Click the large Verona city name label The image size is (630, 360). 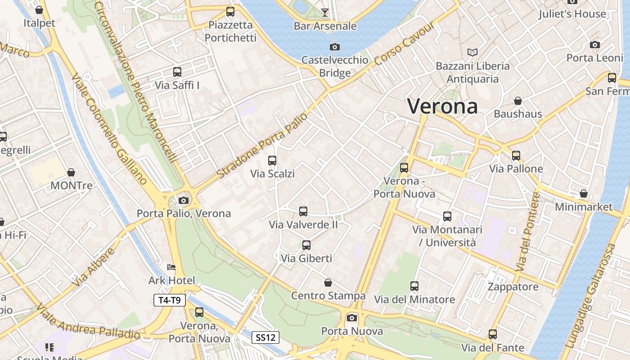442,106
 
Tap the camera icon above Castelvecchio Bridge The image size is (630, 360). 334,47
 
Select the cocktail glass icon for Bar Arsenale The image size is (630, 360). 325,12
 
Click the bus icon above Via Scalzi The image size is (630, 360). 272,160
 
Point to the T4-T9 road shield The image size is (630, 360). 170,300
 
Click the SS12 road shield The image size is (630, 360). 265,337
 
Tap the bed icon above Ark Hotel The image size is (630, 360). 171,267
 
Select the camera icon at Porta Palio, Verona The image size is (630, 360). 183,200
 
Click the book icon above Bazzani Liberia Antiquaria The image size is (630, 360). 472,53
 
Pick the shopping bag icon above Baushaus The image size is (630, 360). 518,100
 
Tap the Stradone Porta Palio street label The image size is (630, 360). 262,145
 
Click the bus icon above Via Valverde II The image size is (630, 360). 303,211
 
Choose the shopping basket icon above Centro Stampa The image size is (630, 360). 328,283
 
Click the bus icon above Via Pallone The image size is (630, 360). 516,156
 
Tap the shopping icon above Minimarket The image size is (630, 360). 584,193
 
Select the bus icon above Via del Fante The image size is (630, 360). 493,334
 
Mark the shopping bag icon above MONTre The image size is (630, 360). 71,172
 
